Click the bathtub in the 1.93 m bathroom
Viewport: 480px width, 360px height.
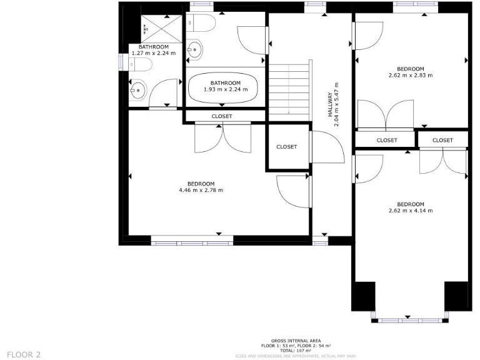224,89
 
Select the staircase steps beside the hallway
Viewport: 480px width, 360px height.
289,88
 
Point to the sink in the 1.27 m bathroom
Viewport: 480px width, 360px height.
138,92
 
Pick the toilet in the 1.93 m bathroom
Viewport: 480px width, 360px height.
203,23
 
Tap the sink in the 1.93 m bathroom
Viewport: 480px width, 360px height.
194,49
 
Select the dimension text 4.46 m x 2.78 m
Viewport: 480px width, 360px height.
201,190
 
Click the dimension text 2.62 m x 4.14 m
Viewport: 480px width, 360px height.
411,211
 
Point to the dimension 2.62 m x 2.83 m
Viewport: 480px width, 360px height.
411,75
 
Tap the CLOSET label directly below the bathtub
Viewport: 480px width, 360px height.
221,116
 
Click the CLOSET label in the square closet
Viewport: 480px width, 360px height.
287,147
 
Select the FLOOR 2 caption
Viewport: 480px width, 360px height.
24,354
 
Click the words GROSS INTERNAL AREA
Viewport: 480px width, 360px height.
296,341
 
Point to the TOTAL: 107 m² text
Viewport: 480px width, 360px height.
296,350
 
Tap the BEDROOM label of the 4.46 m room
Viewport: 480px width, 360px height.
201,183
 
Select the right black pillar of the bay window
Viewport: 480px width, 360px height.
456,295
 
